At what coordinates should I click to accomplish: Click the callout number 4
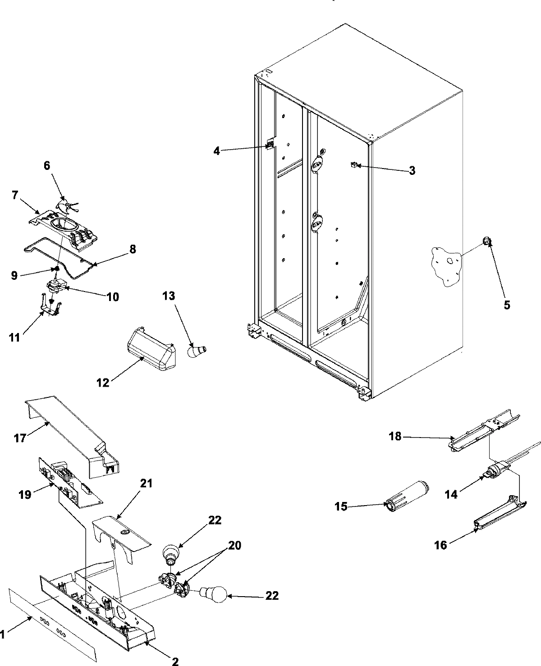click(217, 151)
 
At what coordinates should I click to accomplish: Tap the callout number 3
click(412, 170)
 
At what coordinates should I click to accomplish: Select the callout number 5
click(507, 305)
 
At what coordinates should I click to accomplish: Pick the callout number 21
click(147, 484)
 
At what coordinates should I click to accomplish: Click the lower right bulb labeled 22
click(214, 596)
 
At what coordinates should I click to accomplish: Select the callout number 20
click(234, 546)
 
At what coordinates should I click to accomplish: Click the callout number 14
click(451, 494)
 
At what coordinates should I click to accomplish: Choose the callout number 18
click(395, 437)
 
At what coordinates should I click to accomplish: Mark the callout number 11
click(15, 337)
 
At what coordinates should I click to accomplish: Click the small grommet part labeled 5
click(487, 242)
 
